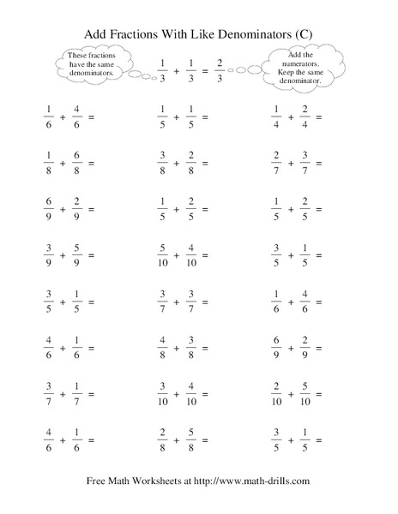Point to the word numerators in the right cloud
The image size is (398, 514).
click(x=298, y=63)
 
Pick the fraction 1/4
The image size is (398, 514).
click(x=276, y=116)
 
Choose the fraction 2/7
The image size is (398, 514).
click(x=276, y=163)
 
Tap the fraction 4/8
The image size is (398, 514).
click(x=163, y=349)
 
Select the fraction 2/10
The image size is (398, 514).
click(x=275, y=395)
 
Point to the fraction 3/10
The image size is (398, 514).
click(x=163, y=395)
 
